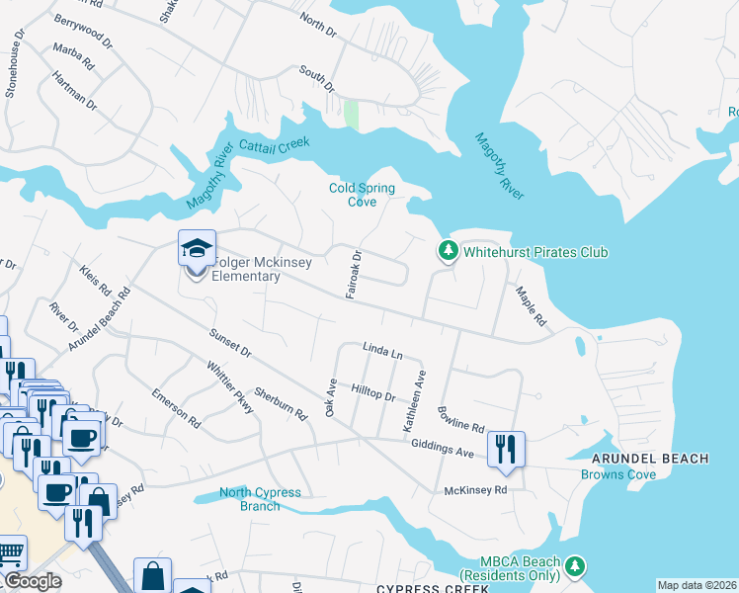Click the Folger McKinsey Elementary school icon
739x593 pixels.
pyautogui.click(x=196, y=248)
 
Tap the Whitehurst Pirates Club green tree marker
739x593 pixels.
pyautogui.click(x=449, y=251)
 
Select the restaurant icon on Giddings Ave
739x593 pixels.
pyautogui.click(x=506, y=449)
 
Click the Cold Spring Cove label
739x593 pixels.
pyautogui.click(x=362, y=195)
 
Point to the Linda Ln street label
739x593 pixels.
pyautogui.click(x=383, y=351)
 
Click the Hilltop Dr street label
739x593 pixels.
pyautogui.click(x=374, y=394)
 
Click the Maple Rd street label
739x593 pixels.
pyautogui.click(x=530, y=306)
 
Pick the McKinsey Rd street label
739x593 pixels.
pyautogui.click(x=475, y=489)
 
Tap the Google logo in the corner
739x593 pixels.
pyautogui.click(x=33, y=581)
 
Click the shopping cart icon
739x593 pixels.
pyautogui.click(x=9, y=553)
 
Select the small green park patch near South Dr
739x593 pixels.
pyautogui.click(x=351, y=115)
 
